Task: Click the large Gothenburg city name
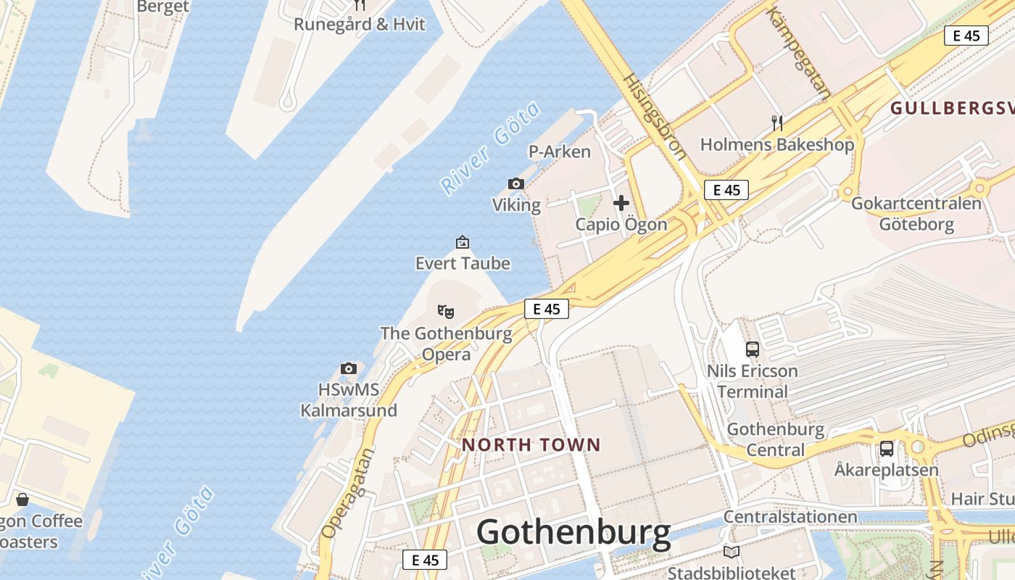(573, 533)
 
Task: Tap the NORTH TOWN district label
(531, 444)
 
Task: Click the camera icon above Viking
(516, 184)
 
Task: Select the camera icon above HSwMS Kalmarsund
(349, 368)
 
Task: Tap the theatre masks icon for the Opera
(446, 312)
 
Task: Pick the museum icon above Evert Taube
(463, 242)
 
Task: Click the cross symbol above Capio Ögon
(621, 203)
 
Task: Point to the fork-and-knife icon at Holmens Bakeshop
(777, 123)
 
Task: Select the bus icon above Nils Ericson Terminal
(753, 349)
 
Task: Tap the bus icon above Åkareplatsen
(887, 449)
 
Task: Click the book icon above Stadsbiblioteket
(731, 552)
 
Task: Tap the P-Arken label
(559, 152)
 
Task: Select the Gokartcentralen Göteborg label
(916, 213)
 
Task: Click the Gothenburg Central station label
(776, 439)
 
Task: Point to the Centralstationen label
(790, 517)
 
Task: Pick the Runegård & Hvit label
(359, 25)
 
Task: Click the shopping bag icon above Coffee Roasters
(22, 500)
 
